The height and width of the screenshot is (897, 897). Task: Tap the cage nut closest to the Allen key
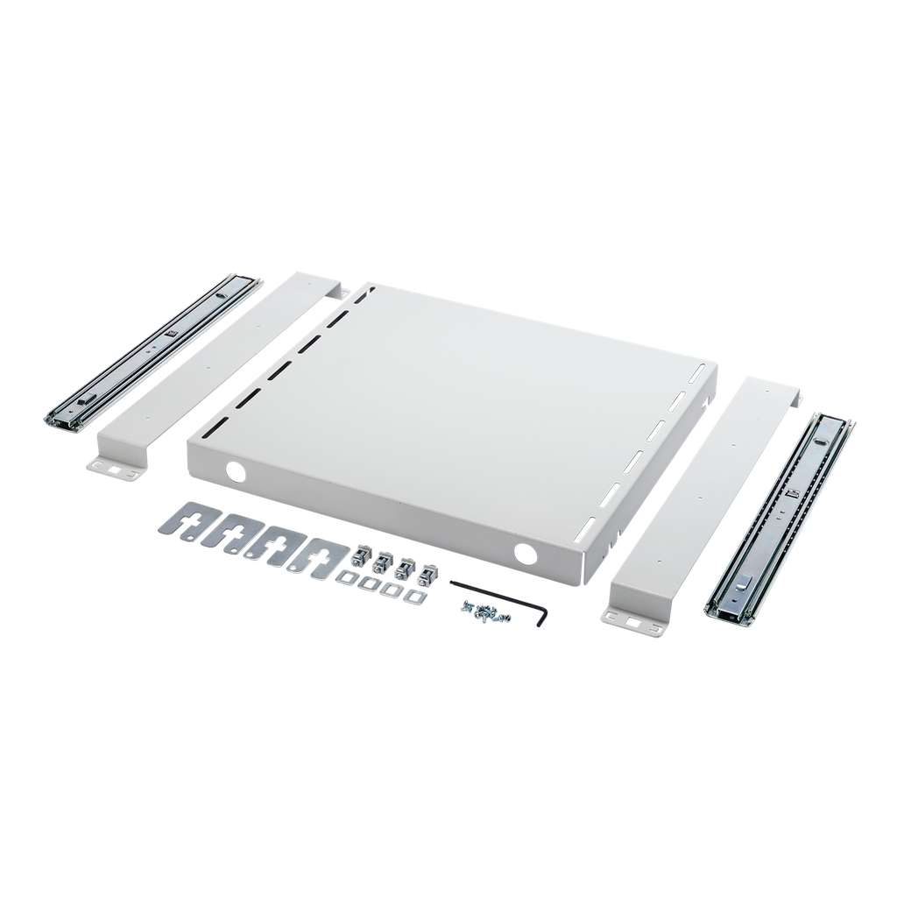point(427,576)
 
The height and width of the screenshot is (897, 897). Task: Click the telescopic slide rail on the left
point(153,350)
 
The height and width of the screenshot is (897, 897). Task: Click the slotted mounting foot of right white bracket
point(632,621)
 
